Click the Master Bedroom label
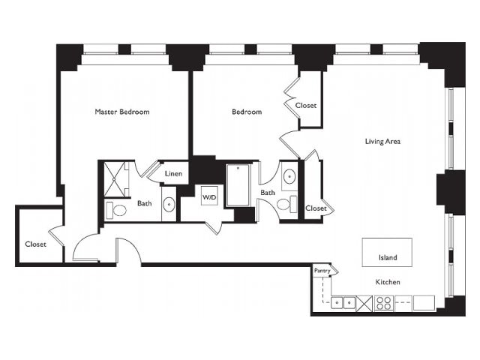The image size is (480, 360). (x=122, y=112)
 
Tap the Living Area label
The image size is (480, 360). (x=382, y=141)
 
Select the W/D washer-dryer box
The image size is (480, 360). (x=209, y=196)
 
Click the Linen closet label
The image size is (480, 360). (x=173, y=173)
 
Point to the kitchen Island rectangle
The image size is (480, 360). (x=387, y=252)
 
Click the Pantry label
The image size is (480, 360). (x=322, y=271)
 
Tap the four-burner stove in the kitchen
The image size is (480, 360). (x=383, y=303)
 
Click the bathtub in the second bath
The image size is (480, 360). (x=238, y=185)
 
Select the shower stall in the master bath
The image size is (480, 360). (x=115, y=179)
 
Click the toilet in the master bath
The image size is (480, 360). (x=116, y=210)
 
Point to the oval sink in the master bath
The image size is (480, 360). (x=169, y=204)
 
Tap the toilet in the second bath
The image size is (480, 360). (x=287, y=204)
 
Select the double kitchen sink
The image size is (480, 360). (x=343, y=303)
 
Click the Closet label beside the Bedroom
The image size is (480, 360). (x=306, y=105)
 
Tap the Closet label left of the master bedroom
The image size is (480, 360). (x=36, y=244)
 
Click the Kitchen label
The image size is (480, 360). (x=388, y=282)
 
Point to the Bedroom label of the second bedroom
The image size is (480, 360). (x=247, y=112)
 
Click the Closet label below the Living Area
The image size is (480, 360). (x=316, y=208)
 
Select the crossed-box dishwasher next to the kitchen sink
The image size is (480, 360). (x=364, y=303)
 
